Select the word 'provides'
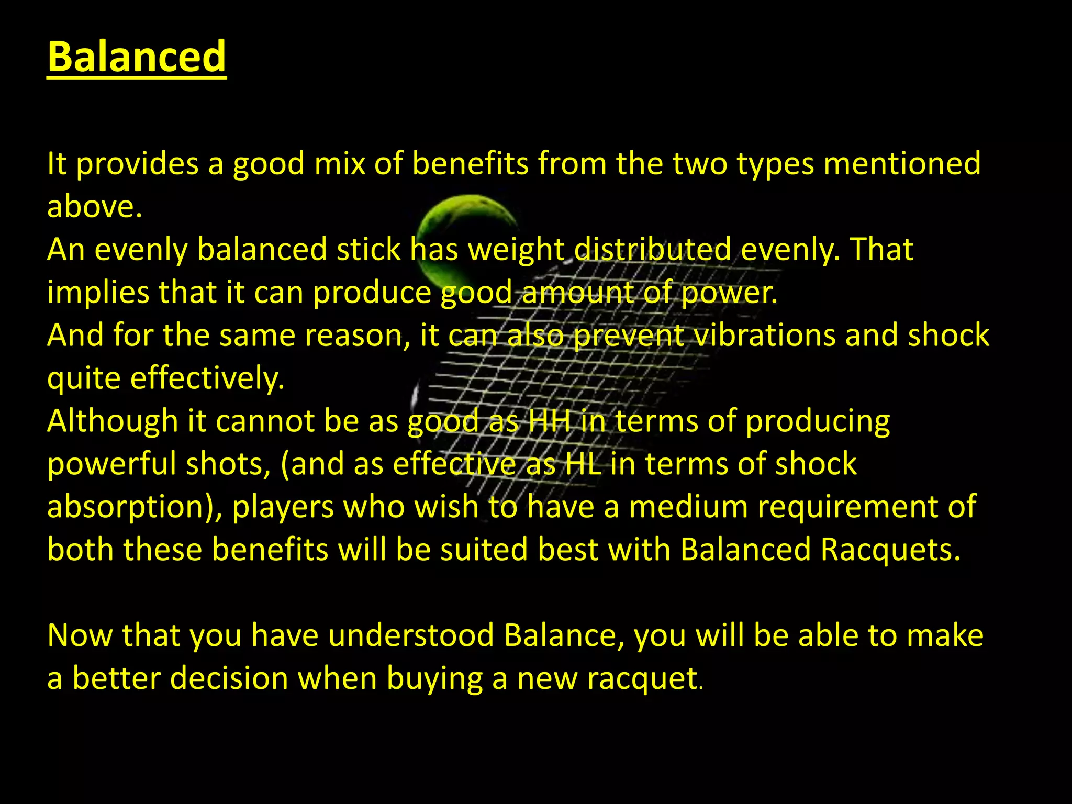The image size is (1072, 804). pyautogui.click(x=138, y=164)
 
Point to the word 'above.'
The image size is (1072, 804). pyautogui.click(x=95, y=206)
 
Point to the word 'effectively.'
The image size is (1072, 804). pyautogui.click(x=207, y=378)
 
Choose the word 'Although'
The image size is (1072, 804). pyautogui.click(x=113, y=421)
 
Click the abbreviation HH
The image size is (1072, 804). pyautogui.click(x=549, y=421)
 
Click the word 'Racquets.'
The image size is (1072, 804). pyautogui.click(x=890, y=550)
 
